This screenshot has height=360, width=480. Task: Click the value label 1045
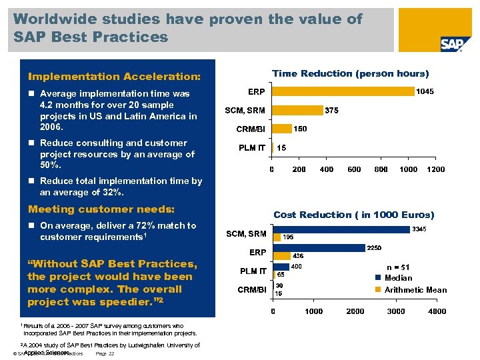[424, 92]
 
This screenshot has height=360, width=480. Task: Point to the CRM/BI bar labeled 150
[281, 129]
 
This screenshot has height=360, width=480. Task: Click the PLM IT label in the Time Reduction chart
[253, 147]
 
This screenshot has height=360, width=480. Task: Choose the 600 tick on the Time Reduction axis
[353, 169]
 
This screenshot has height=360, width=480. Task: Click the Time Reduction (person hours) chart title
[350, 73]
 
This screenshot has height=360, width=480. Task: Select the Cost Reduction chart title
[353, 215]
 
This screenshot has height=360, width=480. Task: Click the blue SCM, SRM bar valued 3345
[341, 229]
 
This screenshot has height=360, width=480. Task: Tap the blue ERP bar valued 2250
[319, 248]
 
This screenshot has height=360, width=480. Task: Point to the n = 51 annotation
[403, 267]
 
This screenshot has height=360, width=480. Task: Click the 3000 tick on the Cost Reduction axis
[395, 311]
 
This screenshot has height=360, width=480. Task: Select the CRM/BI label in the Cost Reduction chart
[253, 290]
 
